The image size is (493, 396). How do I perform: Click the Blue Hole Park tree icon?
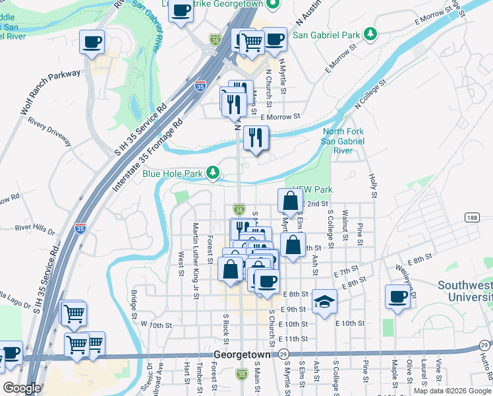[213, 174]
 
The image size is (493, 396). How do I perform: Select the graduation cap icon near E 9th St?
[324, 302]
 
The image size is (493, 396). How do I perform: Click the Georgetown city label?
[242, 354]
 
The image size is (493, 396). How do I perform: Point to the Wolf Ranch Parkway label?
[50, 93]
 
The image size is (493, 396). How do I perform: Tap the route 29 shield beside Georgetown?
[283, 354]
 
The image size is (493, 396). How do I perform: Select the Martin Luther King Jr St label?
[196, 260]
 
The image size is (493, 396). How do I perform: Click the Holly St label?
[372, 186]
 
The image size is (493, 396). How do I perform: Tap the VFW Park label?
[313, 189]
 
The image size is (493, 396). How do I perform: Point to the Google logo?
[22, 387]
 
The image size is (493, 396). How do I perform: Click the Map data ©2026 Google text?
[453, 391]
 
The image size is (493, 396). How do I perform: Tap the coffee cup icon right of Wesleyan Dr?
[397, 297]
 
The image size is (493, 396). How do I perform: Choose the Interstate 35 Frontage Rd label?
[148, 156]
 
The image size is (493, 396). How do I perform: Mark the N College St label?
[369, 94]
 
